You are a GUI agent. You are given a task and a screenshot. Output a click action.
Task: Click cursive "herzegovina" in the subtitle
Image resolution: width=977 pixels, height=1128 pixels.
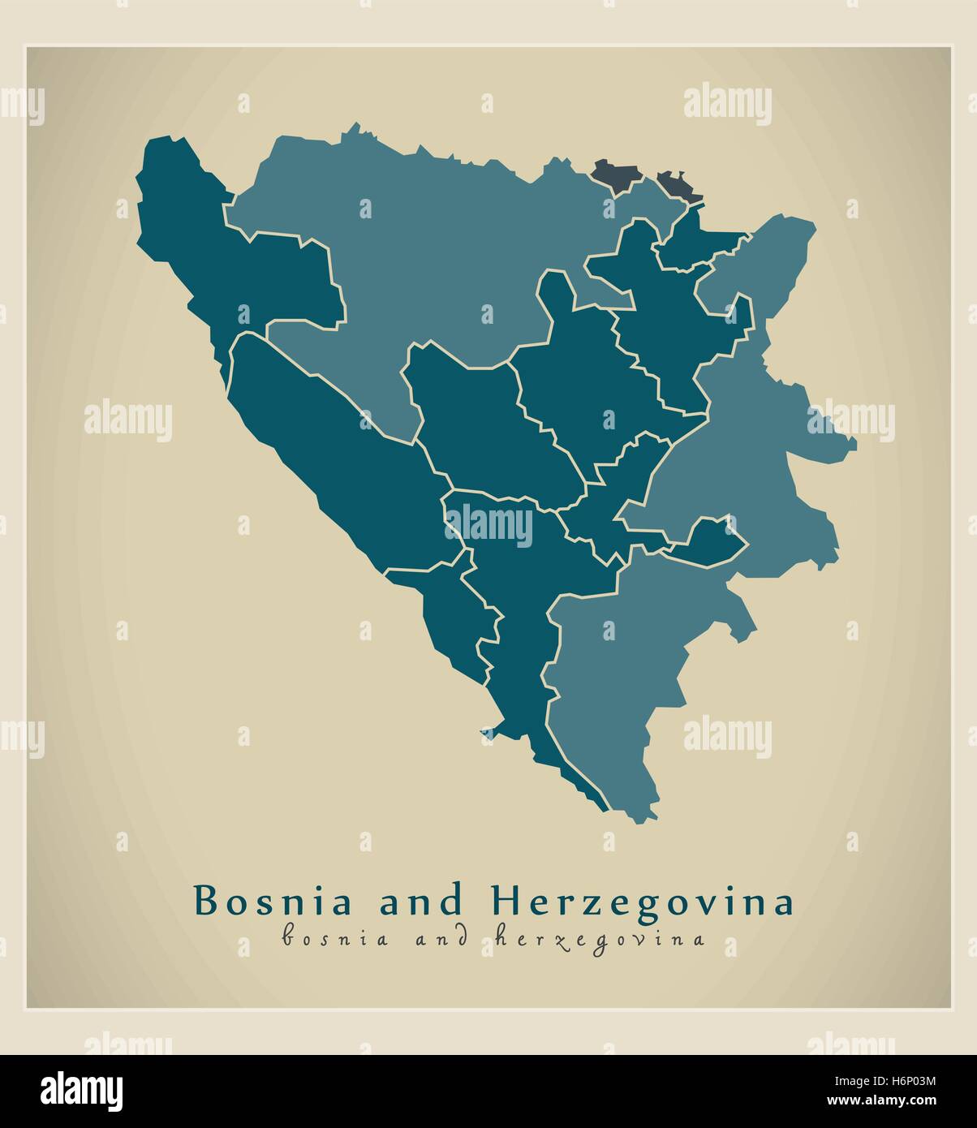pos(598,940)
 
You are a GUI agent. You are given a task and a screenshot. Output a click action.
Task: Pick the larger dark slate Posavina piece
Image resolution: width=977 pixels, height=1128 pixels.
pos(614,174)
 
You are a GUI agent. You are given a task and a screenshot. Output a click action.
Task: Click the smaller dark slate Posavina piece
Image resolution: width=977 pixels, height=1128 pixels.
pos(675,185)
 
